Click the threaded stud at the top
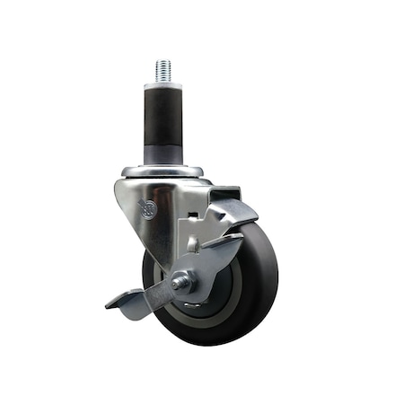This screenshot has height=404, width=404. (164, 71)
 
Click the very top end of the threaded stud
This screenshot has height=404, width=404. (164, 62)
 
